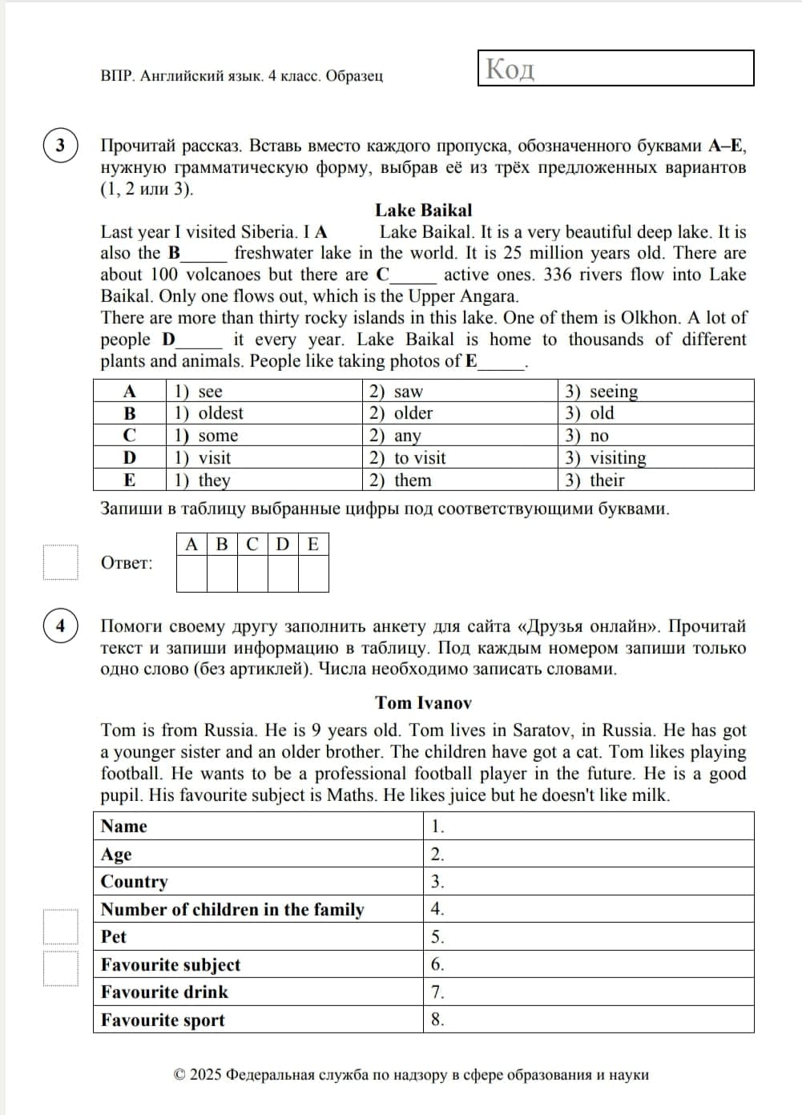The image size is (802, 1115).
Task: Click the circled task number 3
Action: click(60, 146)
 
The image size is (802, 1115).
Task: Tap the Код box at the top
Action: click(615, 68)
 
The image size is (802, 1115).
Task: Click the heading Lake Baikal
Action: click(423, 210)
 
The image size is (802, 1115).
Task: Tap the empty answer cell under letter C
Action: click(252, 574)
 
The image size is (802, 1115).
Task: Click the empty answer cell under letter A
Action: click(191, 574)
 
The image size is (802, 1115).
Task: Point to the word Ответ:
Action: click(127, 563)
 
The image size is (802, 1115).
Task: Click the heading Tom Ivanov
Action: click(423, 702)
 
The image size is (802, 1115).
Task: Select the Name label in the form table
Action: click(124, 826)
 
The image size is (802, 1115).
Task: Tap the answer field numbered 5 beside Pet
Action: click(588, 936)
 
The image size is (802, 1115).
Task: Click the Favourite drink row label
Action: click(165, 992)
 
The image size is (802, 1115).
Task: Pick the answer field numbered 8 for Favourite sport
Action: click(588, 1020)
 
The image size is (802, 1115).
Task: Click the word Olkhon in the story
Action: click(647, 317)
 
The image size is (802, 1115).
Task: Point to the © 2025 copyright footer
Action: click(411, 1075)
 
